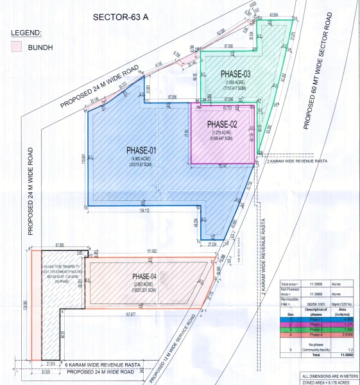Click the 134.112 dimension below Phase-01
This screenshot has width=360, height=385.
tap(142, 210)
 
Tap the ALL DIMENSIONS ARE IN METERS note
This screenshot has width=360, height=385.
tap(329, 375)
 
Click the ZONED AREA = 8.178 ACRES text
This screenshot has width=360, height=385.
tap(329, 382)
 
